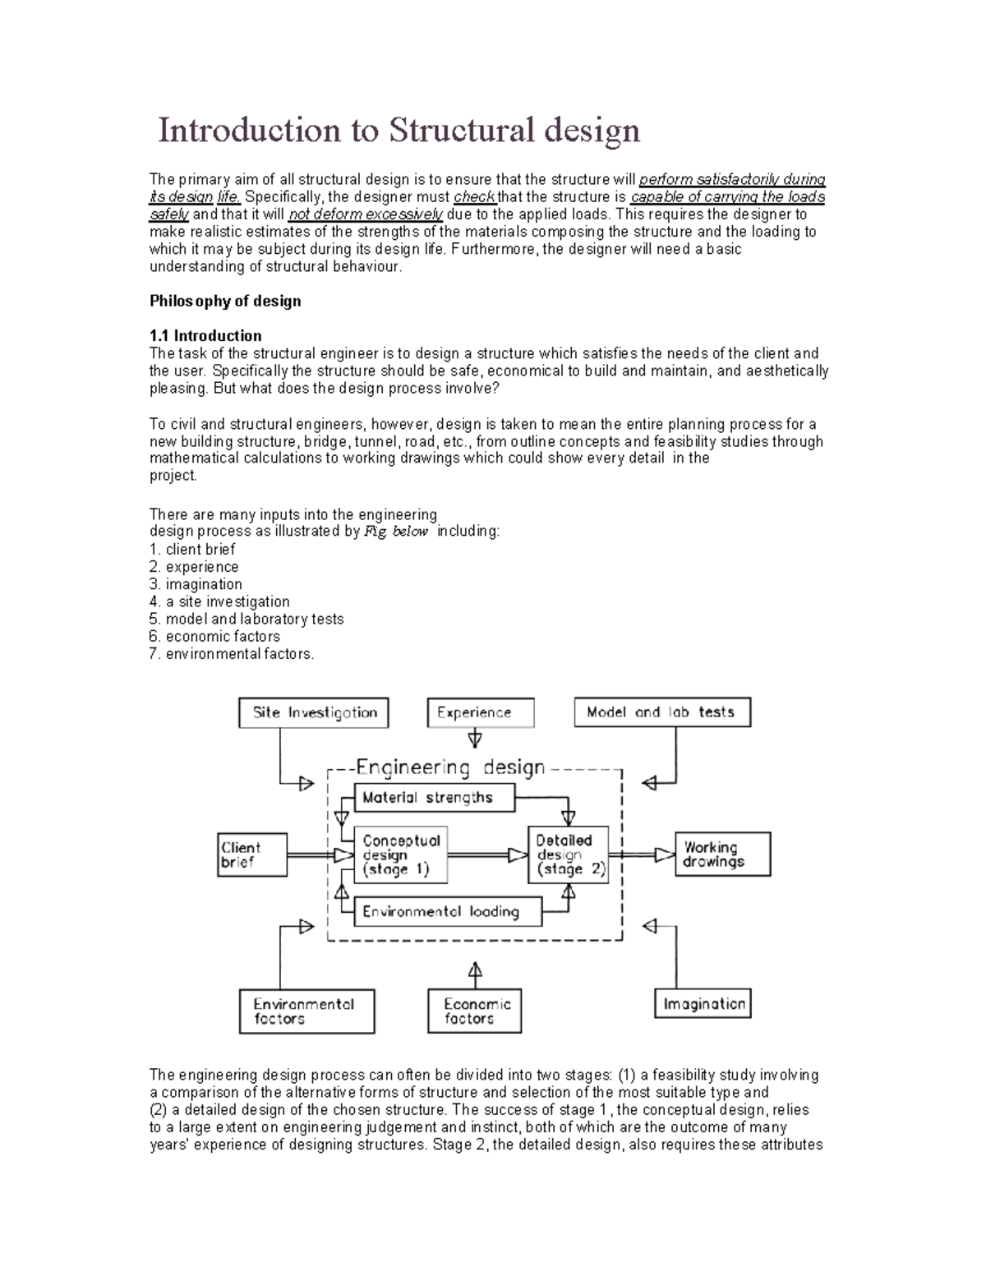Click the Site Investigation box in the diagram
(x=313, y=712)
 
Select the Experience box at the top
(x=480, y=712)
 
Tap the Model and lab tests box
(x=661, y=712)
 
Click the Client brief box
(x=251, y=855)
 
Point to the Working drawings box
(x=722, y=855)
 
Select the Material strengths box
(x=434, y=797)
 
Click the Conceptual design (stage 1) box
(x=401, y=855)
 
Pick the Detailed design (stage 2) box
(x=568, y=855)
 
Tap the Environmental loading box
(x=447, y=911)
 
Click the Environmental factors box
(x=306, y=1011)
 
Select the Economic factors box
(x=474, y=1011)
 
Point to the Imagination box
(x=703, y=1004)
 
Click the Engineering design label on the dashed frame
(x=450, y=768)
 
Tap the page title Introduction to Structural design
(x=399, y=130)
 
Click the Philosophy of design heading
(x=225, y=301)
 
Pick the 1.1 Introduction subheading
(x=205, y=335)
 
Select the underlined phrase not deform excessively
(x=366, y=214)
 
